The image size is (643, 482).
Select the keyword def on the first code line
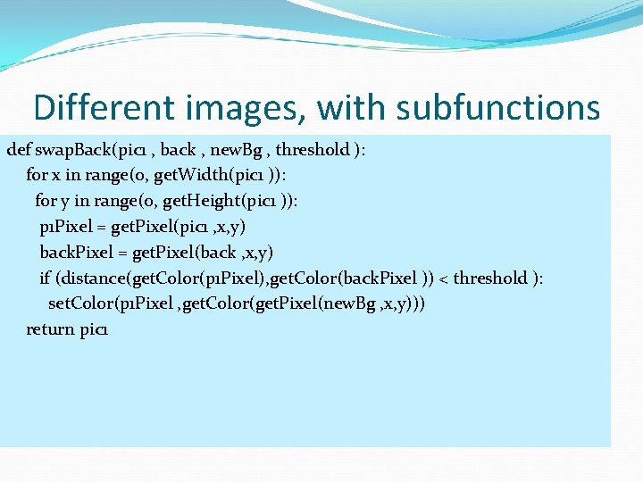coord(18,149)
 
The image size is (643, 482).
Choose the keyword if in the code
coord(45,278)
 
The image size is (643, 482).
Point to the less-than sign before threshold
coord(443,278)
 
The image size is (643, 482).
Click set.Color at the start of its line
coord(75,303)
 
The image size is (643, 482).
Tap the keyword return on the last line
coord(50,329)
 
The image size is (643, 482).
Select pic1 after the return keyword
coord(94,329)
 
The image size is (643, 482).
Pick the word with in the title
coord(350,108)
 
